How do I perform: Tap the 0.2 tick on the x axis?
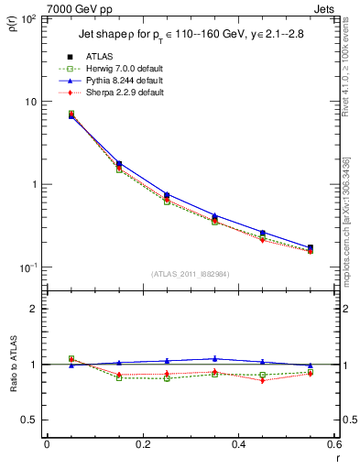coord(142,444)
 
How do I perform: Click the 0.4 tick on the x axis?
coord(237,444)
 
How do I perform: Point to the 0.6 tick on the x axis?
coord(333,444)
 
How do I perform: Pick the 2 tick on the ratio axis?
coord(34,309)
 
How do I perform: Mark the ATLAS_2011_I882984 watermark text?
coord(190,274)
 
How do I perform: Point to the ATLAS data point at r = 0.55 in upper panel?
coord(310,247)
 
